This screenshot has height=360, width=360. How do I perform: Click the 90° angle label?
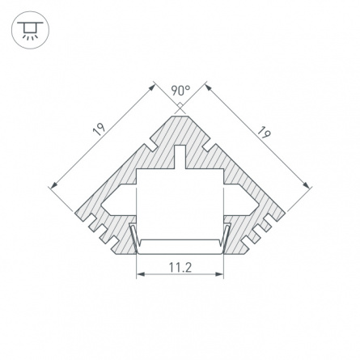tap(180, 91)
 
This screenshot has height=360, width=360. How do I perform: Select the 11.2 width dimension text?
tap(180, 268)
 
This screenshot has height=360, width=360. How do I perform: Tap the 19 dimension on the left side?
tap(99, 129)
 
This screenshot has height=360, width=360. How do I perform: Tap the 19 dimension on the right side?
tap(263, 132)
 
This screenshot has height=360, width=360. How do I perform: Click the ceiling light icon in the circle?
tap(30, 30)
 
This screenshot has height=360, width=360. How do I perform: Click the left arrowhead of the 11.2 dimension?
tap(140, 274)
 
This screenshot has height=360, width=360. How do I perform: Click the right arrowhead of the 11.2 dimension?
tap(220, 274)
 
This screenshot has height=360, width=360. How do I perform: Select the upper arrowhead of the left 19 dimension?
tap(153, 87)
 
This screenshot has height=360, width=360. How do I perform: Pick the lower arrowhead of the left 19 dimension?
tap(54, 184)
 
